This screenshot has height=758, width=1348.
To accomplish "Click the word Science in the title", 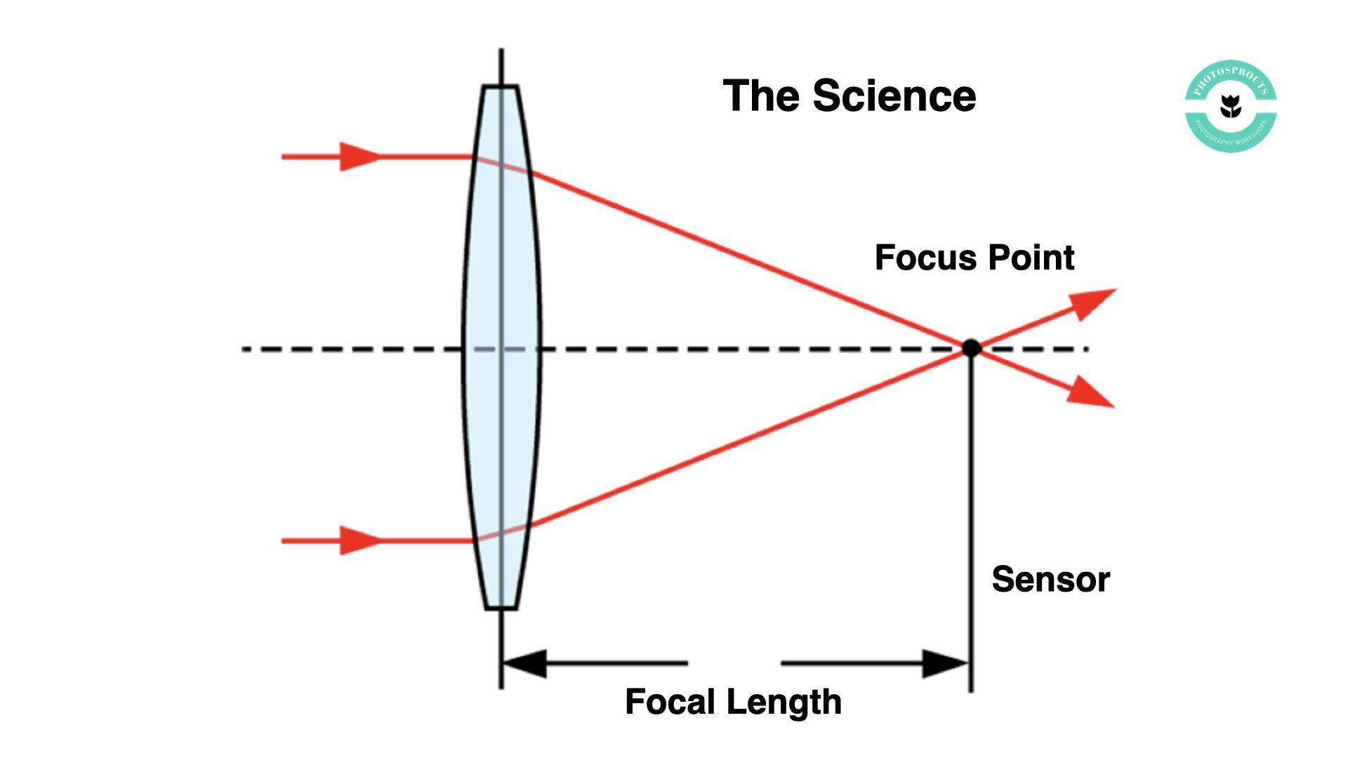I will [x=894, y=96].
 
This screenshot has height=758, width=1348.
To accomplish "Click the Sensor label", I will [x=1050, y=580].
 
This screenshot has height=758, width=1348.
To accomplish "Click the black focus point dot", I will [x=971, y=347].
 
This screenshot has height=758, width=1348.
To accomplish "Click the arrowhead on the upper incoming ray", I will [x=358, y=157].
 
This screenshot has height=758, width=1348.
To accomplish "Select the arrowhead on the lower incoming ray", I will [x=358, y=540].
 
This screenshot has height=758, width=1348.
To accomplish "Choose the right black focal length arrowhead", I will [x=945, y=663].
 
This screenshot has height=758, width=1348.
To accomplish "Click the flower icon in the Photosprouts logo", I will [x=1230, y=107].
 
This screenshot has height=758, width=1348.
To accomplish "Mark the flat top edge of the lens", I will [x=500, y=86].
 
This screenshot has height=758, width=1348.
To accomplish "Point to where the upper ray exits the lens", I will [x=531, y=172].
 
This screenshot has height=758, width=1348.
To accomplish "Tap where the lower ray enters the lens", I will [x=475, y=540].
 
